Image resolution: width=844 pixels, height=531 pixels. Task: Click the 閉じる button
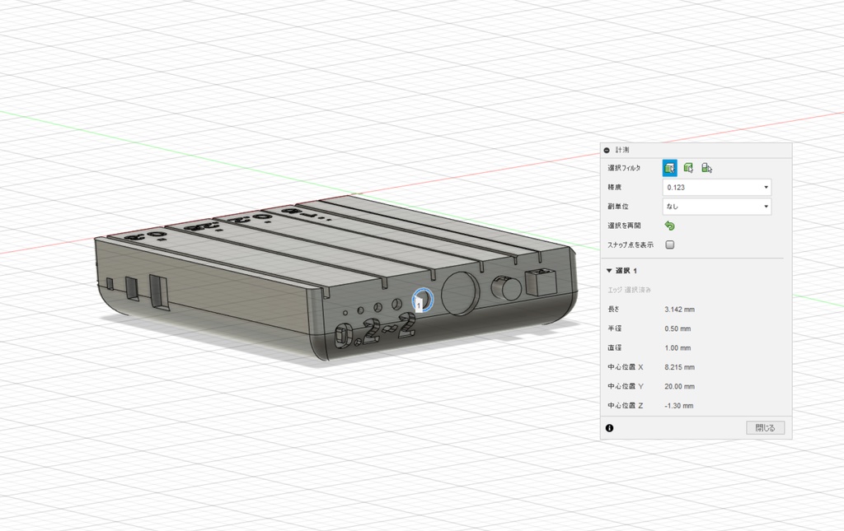coord(765,428)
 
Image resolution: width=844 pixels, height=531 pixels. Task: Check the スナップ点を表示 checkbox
coord(670,245)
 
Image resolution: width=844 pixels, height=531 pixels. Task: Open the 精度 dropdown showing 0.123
coord(717,187)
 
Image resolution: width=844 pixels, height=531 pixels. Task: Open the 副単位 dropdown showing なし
coord(717,207)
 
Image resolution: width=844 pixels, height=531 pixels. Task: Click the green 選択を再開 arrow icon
coord(669,226)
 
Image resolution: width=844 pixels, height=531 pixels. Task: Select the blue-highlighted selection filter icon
coord(669,168)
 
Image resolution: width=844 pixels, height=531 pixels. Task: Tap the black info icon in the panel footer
coord(609,428)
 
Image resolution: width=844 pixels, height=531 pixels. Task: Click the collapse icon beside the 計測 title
coord(607,150)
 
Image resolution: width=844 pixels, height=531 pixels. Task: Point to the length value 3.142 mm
coord(679,310)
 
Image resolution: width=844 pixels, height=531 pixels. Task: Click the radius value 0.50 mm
coord(678,328)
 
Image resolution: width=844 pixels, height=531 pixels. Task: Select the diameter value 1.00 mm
coord(678,348)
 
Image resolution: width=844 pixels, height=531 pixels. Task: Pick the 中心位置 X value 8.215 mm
coord(679,367)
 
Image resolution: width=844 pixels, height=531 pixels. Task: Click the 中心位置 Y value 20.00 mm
coord(679,386)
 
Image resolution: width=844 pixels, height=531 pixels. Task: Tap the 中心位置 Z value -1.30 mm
coord(678,405)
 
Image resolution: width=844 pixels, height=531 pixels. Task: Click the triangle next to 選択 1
coord(610,270)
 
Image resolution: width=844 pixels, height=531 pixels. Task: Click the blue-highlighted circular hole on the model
coord(421,300)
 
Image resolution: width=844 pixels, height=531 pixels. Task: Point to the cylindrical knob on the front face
coord(504,289)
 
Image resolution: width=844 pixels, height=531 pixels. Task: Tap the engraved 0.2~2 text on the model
coord(375,331)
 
